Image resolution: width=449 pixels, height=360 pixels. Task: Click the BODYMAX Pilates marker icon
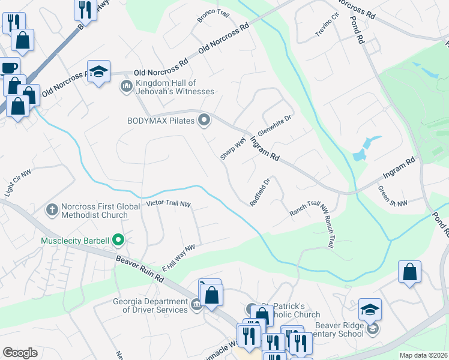(x=205, y=121)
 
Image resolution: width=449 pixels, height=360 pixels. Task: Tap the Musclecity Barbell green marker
(x=118, y=241)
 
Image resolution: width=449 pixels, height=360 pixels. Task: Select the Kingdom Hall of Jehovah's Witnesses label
(x=174, y=87)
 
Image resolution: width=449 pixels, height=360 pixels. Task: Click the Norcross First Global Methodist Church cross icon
(x=52, y=210)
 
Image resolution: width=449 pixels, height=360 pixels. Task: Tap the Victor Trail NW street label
(x=168, y=205)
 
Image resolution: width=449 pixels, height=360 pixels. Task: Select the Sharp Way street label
(x=233, y=148)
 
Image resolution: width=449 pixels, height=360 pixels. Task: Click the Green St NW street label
(x=393, y=197)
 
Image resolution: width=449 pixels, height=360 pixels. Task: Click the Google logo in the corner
(x=20, y=352)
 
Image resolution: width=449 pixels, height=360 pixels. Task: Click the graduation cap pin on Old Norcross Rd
(x=98, y=72)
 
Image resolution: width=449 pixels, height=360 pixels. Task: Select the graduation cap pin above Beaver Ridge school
(x=370, y=309)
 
